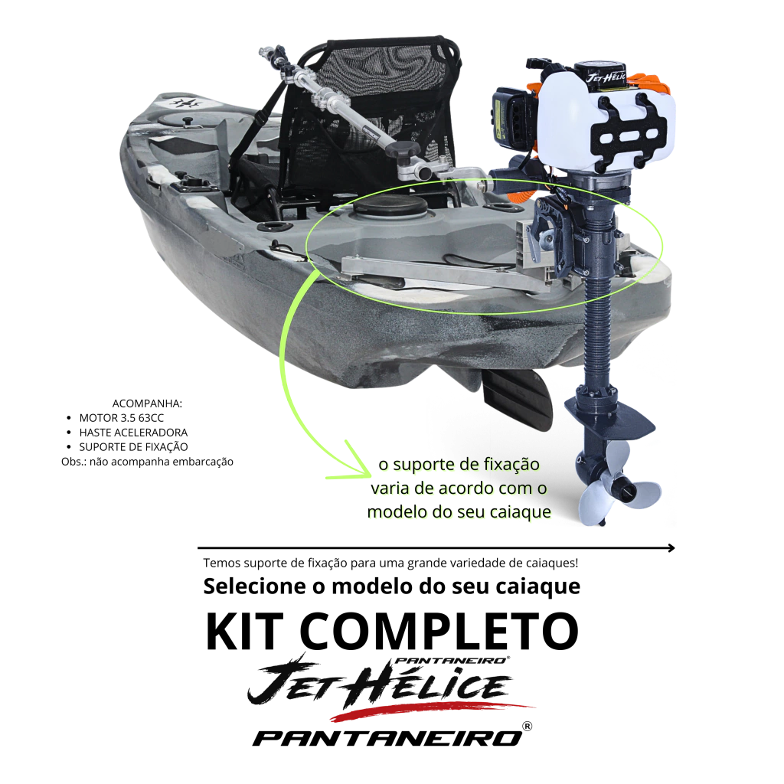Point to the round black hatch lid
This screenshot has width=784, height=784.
point(390,205)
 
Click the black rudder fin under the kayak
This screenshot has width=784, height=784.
point(518,400)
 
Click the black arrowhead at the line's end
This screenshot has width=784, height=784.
point(671,548)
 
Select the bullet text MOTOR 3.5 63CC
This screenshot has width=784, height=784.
point(122,418)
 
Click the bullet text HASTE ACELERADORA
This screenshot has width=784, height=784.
point(133,433)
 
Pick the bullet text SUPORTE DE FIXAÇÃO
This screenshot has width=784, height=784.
point(133,446)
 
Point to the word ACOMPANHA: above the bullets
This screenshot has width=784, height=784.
point(147,403)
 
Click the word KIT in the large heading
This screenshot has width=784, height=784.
point(244,631)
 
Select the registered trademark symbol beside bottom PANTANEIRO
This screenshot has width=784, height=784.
point(527,726)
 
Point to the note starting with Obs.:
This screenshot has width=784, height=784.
point(148,462)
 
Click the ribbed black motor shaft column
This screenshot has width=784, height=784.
point(598,310)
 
